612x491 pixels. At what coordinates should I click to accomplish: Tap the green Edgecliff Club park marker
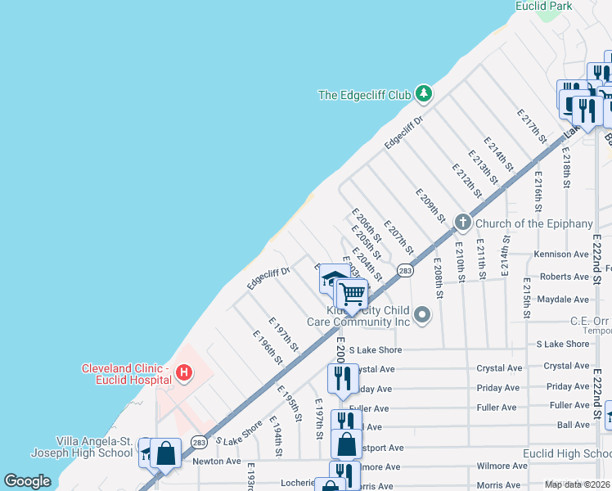point(423,94)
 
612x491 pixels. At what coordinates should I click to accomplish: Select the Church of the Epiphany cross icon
point(462,222)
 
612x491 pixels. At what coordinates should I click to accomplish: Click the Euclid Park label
point(543,7)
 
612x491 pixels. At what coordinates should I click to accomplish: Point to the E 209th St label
point(430,205)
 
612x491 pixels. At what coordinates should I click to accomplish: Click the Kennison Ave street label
point(561,255)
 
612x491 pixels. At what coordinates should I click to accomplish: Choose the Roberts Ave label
point(565,277)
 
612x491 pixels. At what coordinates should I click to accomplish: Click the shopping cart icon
point(352,292)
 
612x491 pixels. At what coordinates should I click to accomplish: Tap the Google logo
point(27,481)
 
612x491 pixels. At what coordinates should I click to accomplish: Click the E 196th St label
point(268,347)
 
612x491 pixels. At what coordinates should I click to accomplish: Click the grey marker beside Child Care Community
point(422,314)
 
